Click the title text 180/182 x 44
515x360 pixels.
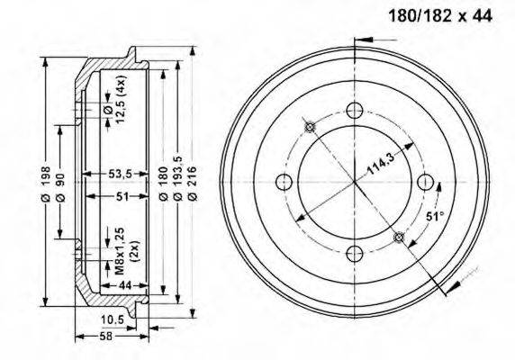pyautogui.click(x=440, y=15)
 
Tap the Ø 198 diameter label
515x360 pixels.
pyautogui.click(x=45, y=184)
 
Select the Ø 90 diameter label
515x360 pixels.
pyautogui.click(x=60, y=187)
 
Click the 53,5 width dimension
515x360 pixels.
pyautogui.click(x=120, y=174)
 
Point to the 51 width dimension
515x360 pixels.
pyautogui.click(x=122, y=196)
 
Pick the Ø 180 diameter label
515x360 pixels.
pyautogui.click(x=163, y=184)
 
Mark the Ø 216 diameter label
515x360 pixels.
pyautogui.click(x=192, y=184)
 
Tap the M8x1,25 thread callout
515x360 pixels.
pyautogui.click(x=120, y=251)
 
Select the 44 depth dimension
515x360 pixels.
pyautogui.click(x=125, y=285)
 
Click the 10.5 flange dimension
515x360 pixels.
pyautogui.click(x=113, y=319)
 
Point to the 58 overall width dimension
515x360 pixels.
pyautogui.click(x=105, y=336)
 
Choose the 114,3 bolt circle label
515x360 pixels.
pyautogui.click(x=380, y=164)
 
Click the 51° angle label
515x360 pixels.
pyautogui.click(x=435, y=217)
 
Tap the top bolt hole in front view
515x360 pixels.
pyautogui.click(x=355, y=111)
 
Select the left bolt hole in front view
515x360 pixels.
pyautogui.click(x=285, y=182)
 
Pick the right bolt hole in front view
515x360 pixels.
pyautogui.click(x=426, y=182)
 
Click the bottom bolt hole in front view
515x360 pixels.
pyautogui.click(x=355, y=253)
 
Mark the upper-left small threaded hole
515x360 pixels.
pyautogui.click(x=310, y=127)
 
